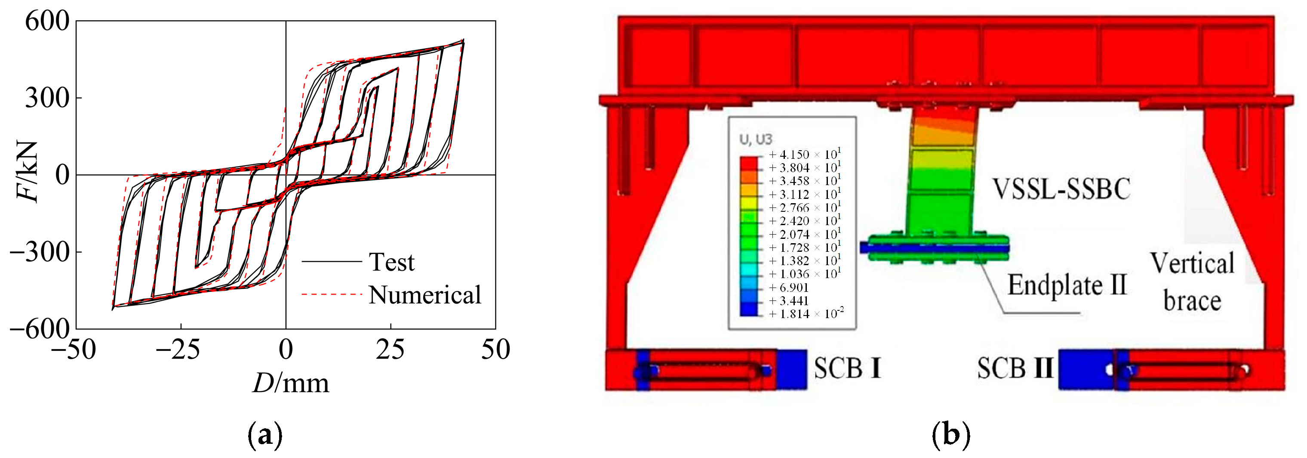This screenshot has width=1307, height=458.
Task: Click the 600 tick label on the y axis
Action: click(47, 22)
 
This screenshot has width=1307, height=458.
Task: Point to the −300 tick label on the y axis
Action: click(40, 252)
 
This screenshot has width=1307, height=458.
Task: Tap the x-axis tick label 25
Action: click(390, 350)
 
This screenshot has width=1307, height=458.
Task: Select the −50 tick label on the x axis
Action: click(74, 350)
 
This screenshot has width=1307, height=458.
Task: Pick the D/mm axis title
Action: click(291, 382)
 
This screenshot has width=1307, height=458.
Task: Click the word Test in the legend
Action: click(391, 262)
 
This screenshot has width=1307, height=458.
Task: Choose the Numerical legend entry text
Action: click(424, 294)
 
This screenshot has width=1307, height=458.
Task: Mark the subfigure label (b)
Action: click(951, 435)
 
